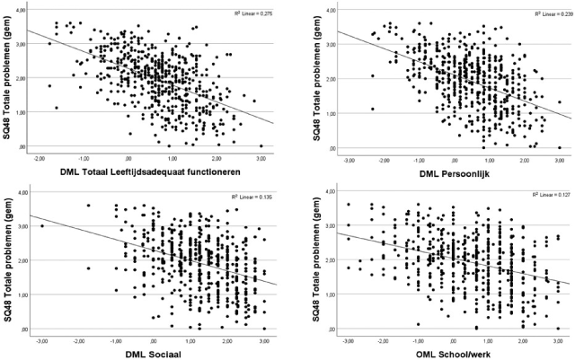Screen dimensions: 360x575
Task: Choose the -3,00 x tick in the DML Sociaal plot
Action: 41,340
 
